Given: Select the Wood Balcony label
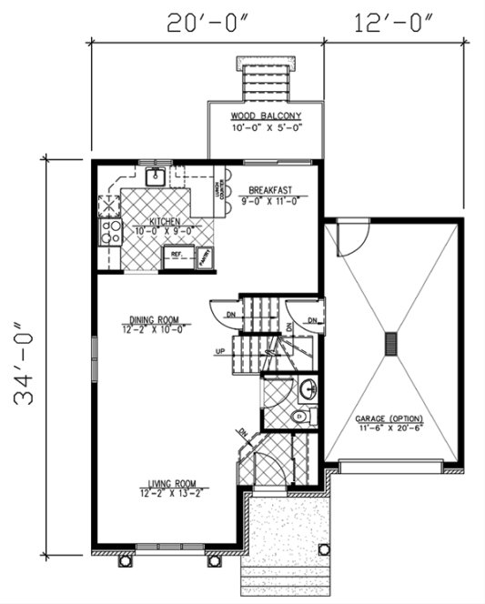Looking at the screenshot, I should pos(266,116).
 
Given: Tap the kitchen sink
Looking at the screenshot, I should pos(155,176).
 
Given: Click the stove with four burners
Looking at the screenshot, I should pos(111,232).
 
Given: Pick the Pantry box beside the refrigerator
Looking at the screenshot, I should pos(207,257).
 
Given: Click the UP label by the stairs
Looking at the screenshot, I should pos(220,351).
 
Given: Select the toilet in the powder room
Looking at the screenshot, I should pos(300,418).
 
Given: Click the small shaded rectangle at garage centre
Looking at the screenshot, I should pos(391,343).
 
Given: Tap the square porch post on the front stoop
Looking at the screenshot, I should pos(325,549).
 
